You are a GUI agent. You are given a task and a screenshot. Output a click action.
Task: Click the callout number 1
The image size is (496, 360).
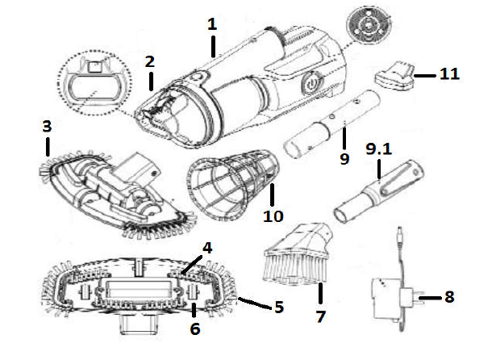point(212,24)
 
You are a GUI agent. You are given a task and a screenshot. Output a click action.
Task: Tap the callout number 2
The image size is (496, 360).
point(149,61)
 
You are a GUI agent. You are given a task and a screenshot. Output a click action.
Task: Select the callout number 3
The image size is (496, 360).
point(48,127)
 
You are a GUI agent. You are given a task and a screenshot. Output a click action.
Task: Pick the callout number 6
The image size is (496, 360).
point(195,329)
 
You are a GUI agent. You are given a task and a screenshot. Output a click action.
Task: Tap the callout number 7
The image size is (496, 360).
point(320,316)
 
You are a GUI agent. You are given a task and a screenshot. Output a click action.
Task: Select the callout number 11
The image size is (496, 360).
point(450,74)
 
